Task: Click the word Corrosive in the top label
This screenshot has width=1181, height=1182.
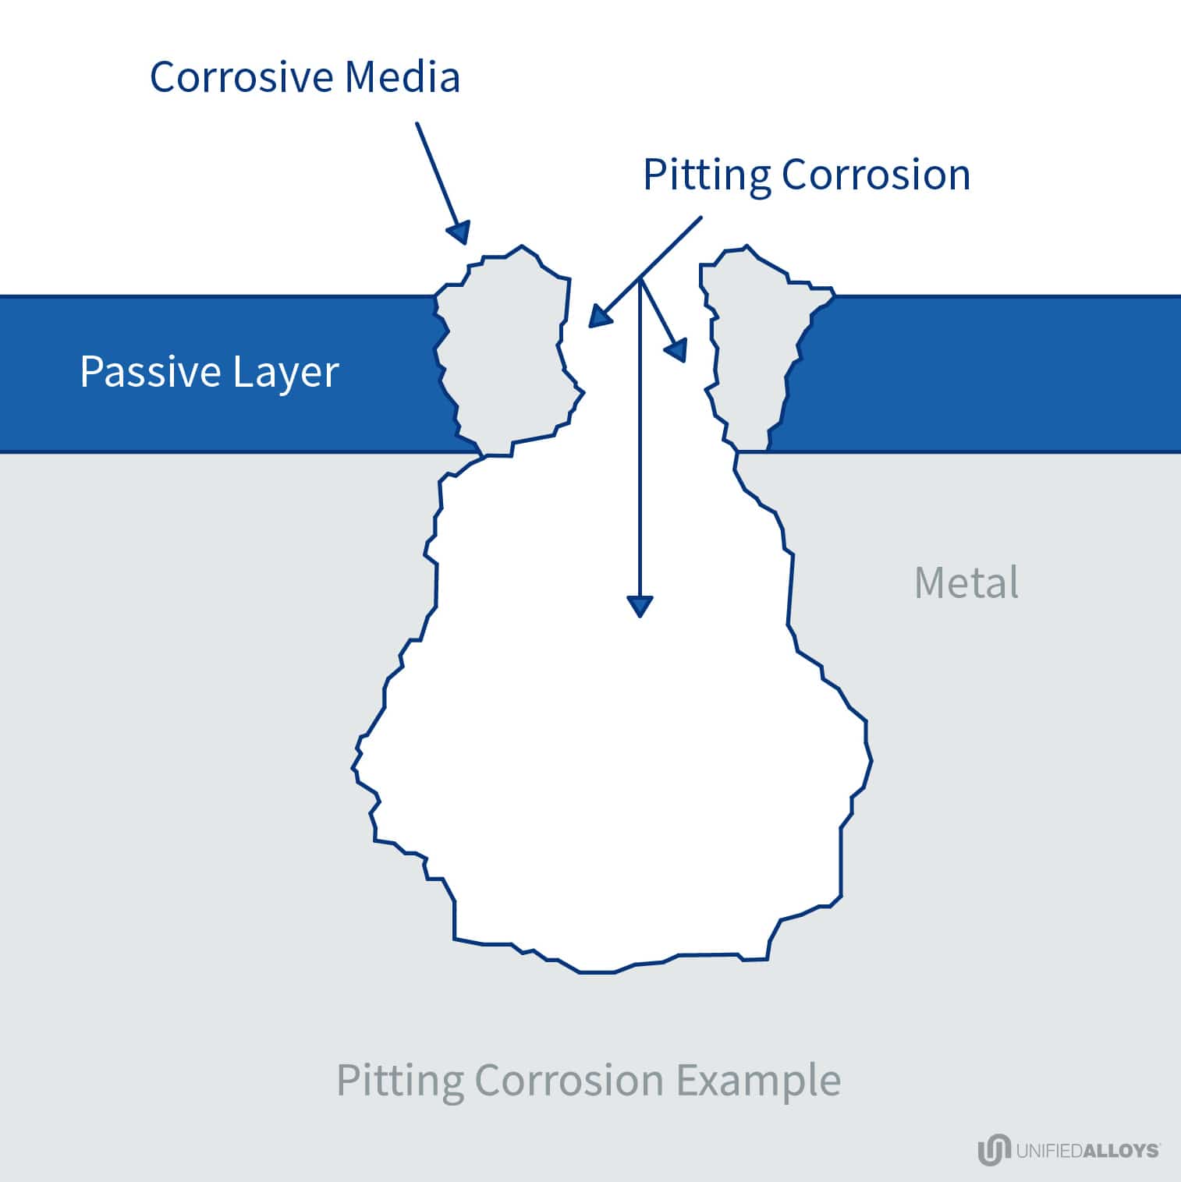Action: click(242, 76)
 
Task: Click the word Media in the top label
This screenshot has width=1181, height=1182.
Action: click(403, 76)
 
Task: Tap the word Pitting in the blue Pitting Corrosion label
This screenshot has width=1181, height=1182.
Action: click(706, 175)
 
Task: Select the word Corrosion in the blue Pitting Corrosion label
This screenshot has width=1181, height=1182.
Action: click(876, 175)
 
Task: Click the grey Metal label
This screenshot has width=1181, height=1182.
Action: click(966, 582)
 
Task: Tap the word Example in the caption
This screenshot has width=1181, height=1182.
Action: click(757, 1081)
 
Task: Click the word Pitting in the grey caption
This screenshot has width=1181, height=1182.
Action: click(399, 1081)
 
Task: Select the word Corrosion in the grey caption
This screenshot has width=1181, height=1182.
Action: click(569, 1080)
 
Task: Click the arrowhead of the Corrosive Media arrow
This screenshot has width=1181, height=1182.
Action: click(459, 232)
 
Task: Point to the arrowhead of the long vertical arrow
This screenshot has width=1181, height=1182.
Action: click(640, 606)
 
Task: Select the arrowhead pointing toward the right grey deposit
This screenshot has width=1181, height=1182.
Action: click(676, 350)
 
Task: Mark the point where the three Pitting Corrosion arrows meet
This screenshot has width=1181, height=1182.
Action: click(640, 278)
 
